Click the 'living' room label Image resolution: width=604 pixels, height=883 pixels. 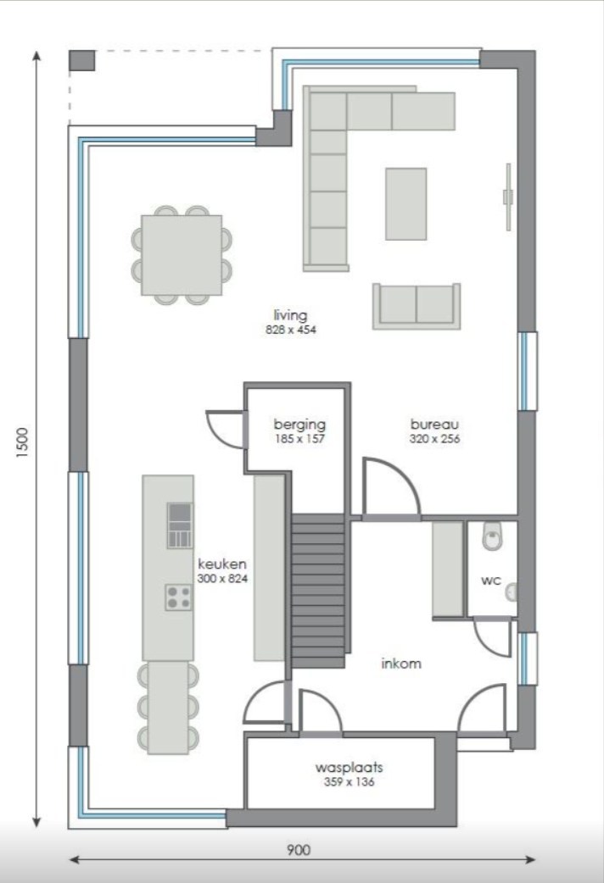[290, 314]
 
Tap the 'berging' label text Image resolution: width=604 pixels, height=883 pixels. [299, 424]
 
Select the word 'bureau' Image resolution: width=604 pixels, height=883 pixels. [434, 424]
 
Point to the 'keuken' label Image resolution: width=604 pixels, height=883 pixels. [222, 564]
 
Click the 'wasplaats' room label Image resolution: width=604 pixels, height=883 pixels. [350, 767]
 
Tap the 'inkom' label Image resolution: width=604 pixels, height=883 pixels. [401, 664]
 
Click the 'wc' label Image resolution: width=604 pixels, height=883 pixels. [490, 580]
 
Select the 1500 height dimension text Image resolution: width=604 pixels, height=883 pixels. [22, 442]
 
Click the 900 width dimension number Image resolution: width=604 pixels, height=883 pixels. [299, 850]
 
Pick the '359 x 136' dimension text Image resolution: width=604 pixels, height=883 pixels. [350, 781]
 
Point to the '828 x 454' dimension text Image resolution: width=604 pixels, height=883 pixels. [291, 330]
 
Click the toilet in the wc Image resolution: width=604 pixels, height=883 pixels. [492, 536]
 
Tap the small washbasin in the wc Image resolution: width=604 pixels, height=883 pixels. [511, 592]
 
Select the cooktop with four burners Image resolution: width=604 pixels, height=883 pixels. [179, 597]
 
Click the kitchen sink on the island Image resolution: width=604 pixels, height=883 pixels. [180, 525]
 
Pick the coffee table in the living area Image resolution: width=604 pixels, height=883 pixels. [406, 204]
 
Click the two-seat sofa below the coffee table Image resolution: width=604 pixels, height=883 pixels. [417, 307]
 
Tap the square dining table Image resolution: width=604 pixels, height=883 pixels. [182, 255]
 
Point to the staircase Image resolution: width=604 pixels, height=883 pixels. [318, 591]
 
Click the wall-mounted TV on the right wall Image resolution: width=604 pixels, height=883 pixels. [508, 197]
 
